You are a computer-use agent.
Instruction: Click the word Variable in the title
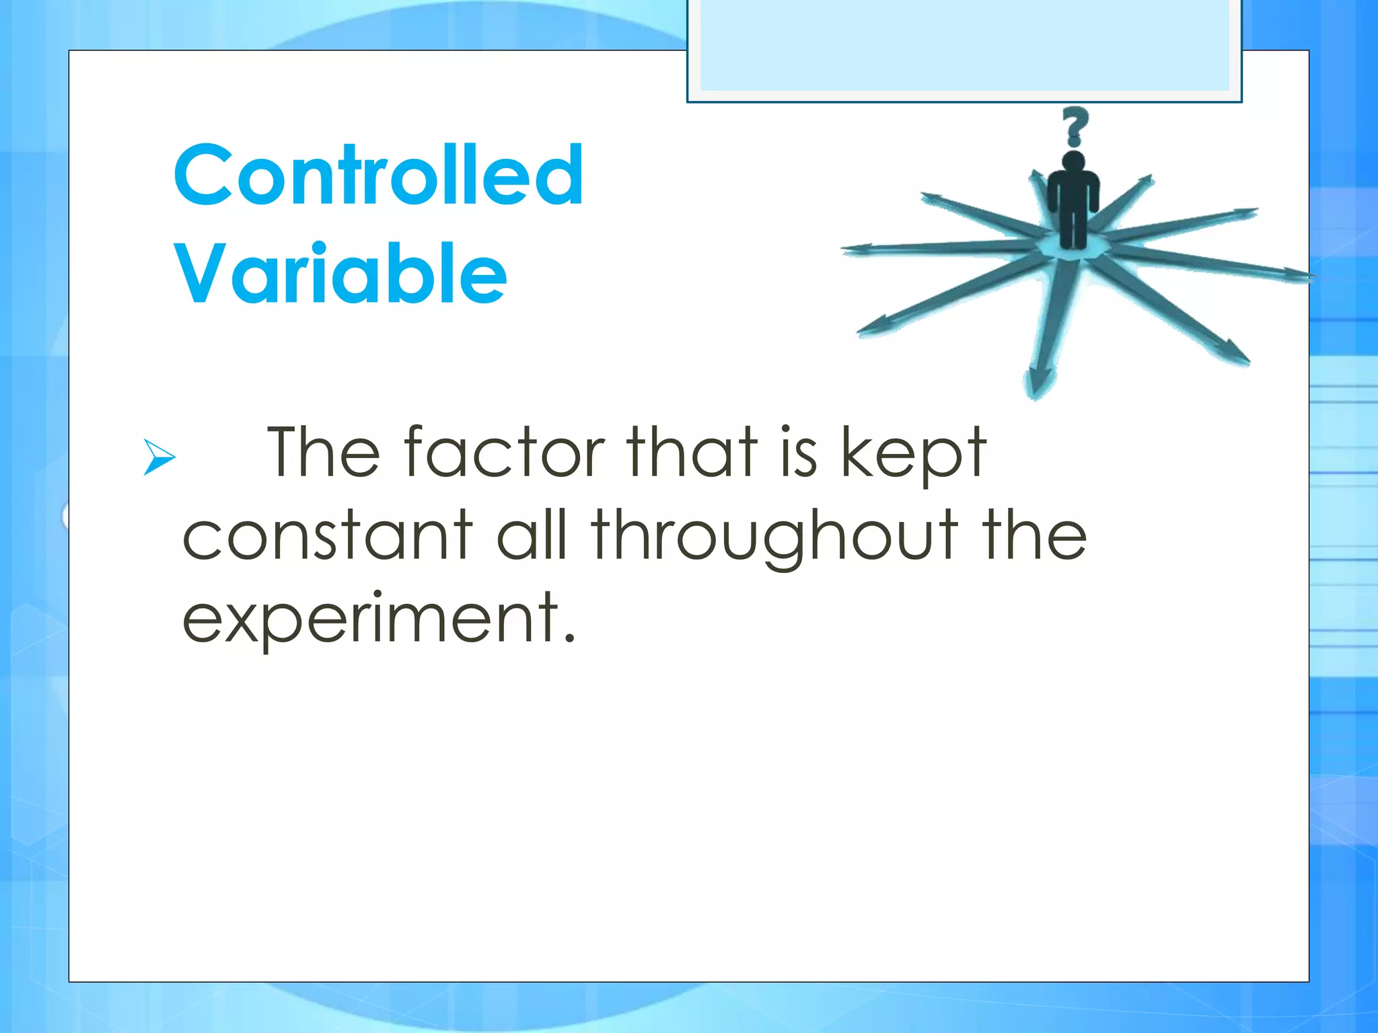click(x=340, y=274)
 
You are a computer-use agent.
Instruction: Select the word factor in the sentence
click(x=504, y=452)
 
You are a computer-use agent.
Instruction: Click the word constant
click(x=328, y=535)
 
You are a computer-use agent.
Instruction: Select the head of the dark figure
click(x=1074, y=162)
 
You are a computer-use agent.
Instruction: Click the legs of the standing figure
click(x=1074, y=225)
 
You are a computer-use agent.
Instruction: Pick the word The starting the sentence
click(x=324, y=452)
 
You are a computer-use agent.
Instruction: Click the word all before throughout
click(x=532, y=535)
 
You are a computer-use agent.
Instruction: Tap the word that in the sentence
click(x=693, y=452)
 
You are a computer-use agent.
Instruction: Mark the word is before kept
click(x=799, y=452)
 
